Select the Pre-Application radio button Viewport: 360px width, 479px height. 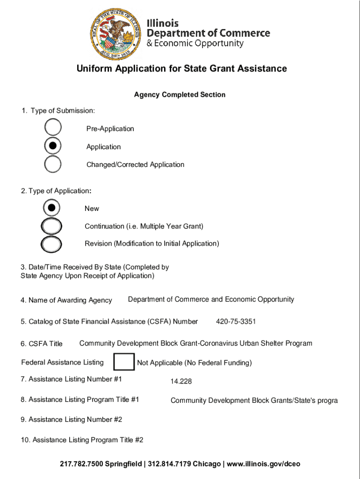pos(53,128)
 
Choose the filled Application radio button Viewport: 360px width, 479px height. pos(53,146)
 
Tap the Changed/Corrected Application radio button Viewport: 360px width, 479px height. pos(53,164)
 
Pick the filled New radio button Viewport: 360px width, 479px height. pos(51,207)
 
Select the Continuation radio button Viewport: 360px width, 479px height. pos(51,226)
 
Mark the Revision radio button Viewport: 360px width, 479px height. pos(51,243)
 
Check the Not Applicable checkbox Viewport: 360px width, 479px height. pos(124,363)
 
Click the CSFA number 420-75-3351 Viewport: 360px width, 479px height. pos(236,322)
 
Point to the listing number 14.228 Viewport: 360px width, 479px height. pos(181,382)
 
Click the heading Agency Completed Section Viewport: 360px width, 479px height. pos(180,95)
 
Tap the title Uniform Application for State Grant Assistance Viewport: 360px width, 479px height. pos(181,69)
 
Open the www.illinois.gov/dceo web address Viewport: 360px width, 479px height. pos(264,464)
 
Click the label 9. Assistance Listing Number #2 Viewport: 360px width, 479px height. pos(71,420)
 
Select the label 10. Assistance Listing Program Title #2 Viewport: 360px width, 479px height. pos(81,440)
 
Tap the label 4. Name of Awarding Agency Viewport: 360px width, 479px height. pos(66,300)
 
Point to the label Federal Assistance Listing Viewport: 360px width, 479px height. pos(62,363)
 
